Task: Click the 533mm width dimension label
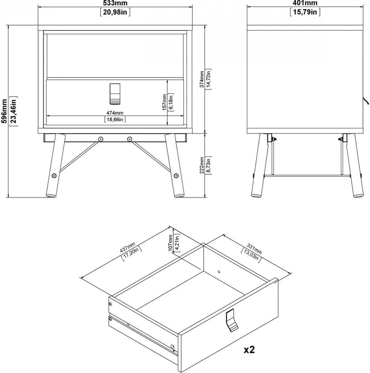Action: tap(115, 3)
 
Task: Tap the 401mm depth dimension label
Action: tap(305, 3)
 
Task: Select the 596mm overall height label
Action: tap(4, 111)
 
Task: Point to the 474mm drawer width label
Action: tap(115, 113)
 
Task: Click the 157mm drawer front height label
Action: tap(164, 102)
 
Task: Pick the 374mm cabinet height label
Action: tap(201, 79)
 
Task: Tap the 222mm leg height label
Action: tap(201, 165)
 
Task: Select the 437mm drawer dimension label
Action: tap(127, 247)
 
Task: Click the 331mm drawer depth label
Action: tap(255, 248)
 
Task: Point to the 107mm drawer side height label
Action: tap(170, 243)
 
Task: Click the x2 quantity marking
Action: tap(249, 350)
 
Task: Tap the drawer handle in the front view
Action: tap(115, 94)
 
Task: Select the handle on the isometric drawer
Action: tap(231, 320)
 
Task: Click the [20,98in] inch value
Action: tap(115, 12)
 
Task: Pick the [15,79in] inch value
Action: tap(305, 12)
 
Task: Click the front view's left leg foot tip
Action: tap(51, 196)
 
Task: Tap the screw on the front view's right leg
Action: tap(176, 176)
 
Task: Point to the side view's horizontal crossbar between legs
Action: tap(307, 176)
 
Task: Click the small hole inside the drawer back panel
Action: tap(219, 272)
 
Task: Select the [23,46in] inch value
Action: tap(14, 111)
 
